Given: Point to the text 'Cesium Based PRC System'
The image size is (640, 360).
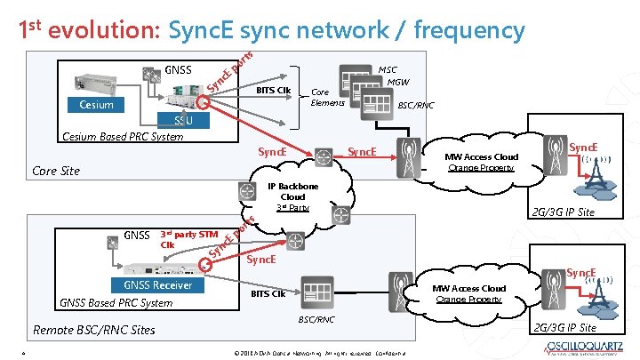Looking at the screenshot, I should [121, 137].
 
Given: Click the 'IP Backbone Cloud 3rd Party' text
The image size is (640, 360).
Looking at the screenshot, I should [292, 196].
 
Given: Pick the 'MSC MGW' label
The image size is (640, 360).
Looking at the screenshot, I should [391, 76].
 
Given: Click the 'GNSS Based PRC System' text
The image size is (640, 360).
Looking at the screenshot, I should [116, 302].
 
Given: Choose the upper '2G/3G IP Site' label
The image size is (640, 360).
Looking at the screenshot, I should [563, 212].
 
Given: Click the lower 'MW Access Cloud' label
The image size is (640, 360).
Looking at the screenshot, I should [469, 288].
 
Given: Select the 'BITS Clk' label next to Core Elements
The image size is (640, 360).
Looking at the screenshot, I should [273, 90].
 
